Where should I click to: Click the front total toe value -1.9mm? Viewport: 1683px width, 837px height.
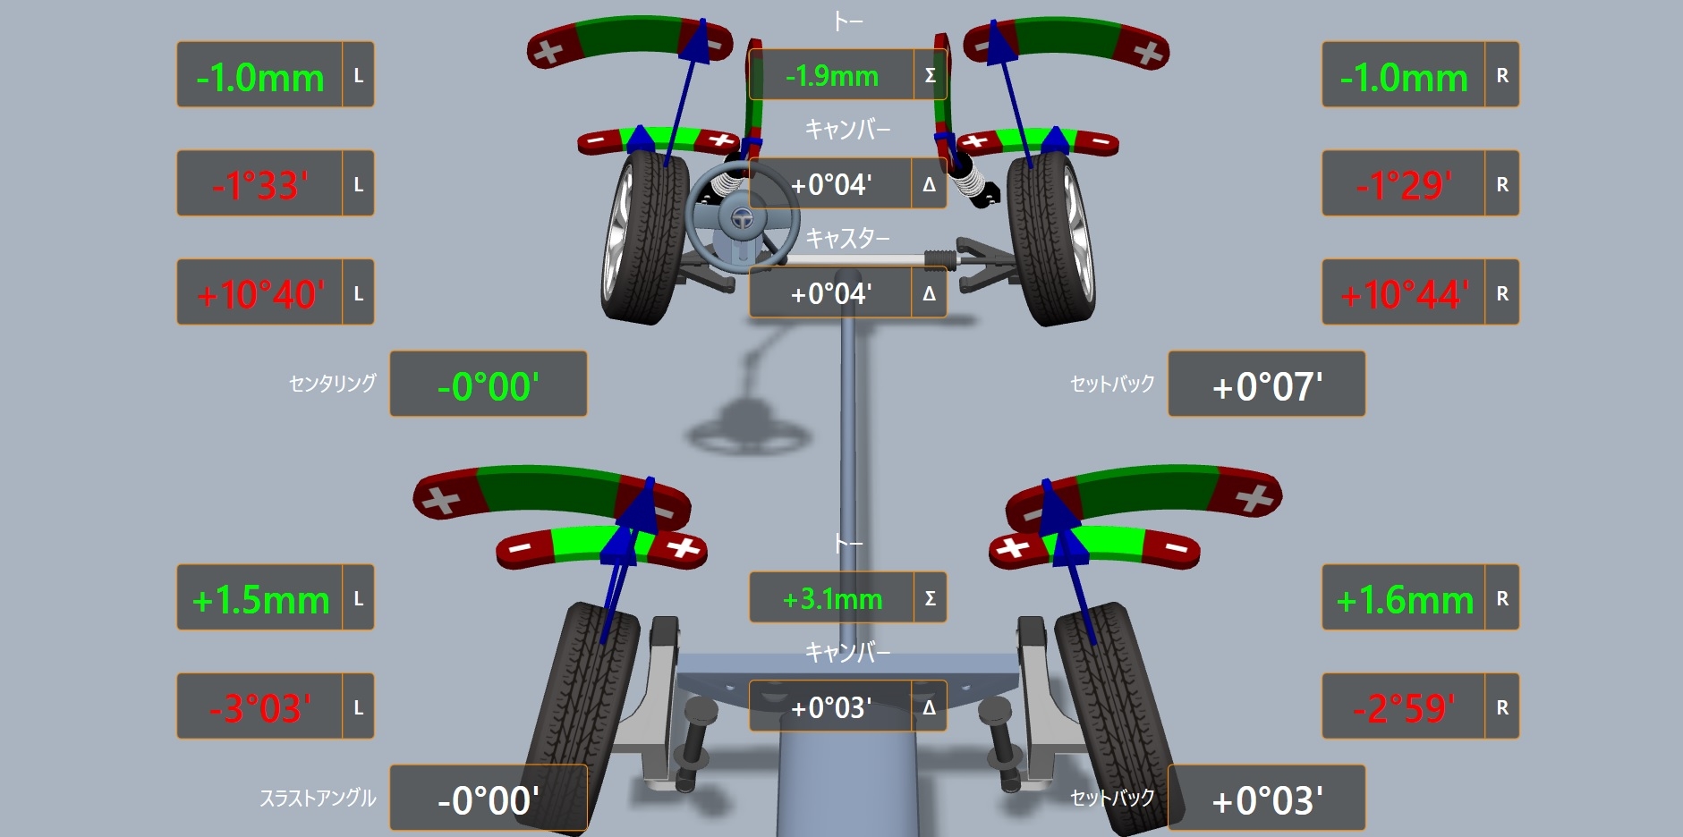point(831,76)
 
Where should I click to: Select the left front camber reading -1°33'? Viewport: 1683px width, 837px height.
point(260,185)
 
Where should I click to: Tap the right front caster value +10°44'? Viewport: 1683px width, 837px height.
point(1405,294)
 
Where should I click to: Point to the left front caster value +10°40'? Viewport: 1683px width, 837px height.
point(260,294)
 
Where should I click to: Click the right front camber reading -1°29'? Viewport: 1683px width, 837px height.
point(1405,185)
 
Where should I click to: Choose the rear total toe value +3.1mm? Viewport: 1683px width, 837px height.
point(832,598)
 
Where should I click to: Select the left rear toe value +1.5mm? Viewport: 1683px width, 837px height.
point(260,600)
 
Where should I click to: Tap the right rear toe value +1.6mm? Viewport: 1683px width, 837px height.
point(1405,600)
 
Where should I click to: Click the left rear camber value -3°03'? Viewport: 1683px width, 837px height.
point(260,708)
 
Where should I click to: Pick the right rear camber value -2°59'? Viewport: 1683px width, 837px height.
point(1405,708)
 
